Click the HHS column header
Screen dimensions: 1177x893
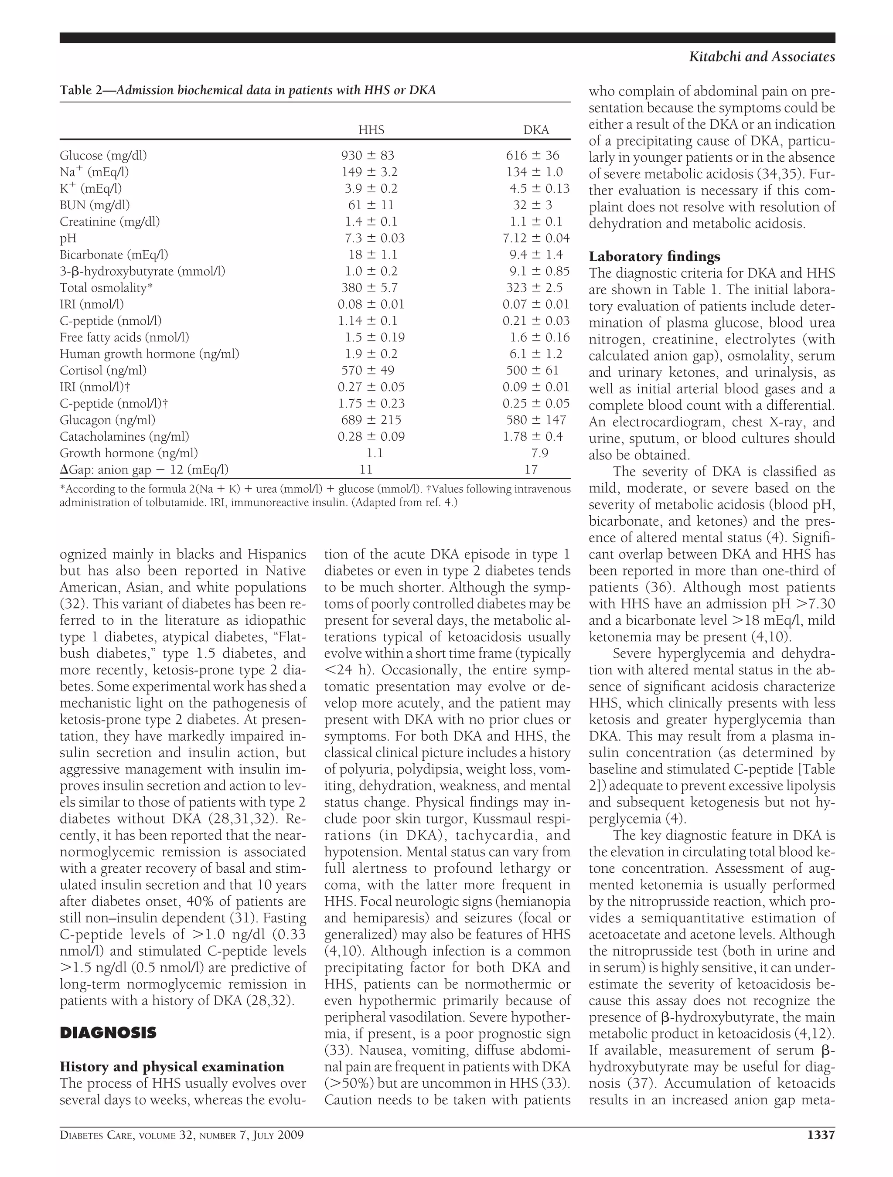coord(371,130)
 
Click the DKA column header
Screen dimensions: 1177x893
coord(535,130)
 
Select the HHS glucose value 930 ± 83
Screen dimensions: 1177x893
coord(367,155)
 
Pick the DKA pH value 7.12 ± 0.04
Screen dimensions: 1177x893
coord(535,238)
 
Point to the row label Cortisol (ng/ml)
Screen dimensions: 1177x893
coord(103,371)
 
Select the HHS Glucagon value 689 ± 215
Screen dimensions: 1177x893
coord(371,420)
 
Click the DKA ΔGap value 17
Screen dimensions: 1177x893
coord(531,470)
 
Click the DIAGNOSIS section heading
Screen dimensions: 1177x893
coord(108,1033)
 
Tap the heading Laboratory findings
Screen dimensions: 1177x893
coord(654,256)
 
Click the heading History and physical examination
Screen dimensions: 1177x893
coord(172,1066)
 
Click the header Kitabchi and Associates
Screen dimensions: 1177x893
coord(762,57)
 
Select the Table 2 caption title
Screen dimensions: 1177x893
coord(248,90)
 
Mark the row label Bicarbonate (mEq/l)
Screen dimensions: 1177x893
coord(114,255)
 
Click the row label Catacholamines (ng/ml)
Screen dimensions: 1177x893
coord(124,437)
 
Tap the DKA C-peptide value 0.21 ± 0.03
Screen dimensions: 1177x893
coord(535,321)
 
